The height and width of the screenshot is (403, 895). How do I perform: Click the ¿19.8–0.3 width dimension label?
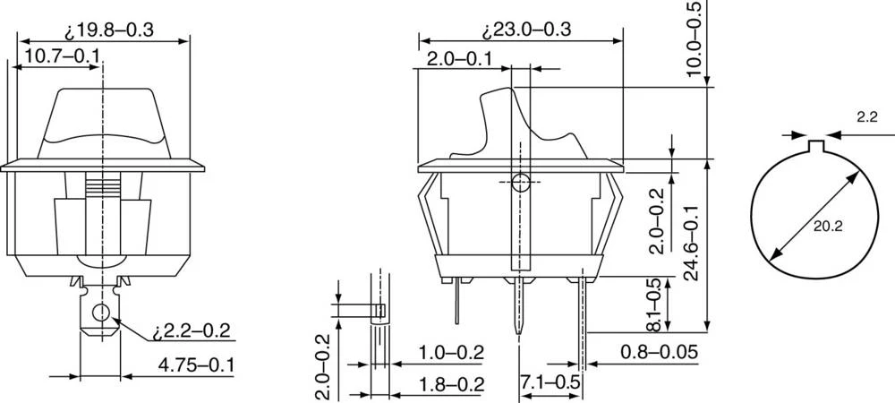109,30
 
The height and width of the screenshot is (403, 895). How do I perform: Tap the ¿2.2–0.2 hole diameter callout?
191,331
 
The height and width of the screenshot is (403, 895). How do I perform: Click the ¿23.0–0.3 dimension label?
527,30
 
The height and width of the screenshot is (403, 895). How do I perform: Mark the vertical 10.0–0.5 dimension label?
695,39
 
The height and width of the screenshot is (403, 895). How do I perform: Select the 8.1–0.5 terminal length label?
656,302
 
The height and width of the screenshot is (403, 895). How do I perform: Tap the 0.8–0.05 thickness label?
659,352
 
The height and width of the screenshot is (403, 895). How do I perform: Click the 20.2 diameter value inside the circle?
827,227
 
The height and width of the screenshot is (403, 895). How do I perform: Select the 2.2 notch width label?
866,116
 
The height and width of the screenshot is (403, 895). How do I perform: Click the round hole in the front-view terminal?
101,313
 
